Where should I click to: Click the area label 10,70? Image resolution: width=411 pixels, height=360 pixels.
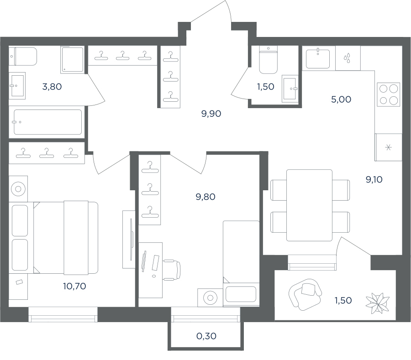74,286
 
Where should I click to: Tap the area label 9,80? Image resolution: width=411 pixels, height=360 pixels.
205,197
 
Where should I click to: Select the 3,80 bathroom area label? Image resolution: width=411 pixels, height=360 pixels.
52,86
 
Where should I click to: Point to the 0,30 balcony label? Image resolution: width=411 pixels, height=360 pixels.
206,336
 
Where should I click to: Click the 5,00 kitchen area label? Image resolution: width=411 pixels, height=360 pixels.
341,99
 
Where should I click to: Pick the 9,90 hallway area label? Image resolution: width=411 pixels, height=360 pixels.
211,114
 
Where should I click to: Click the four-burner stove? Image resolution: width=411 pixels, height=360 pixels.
389,94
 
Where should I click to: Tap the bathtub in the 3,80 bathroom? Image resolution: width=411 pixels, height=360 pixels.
47,122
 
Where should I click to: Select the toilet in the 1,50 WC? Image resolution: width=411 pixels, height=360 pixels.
268,60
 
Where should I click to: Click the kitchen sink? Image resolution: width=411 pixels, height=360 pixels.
318,58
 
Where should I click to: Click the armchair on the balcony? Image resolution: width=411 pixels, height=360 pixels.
305,294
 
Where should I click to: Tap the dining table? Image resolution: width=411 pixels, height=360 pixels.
309,205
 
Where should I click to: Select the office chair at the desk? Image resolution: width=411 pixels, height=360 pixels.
172,270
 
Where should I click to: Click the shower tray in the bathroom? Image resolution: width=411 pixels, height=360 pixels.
72,60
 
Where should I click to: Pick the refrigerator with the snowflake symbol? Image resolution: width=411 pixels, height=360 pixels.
389,147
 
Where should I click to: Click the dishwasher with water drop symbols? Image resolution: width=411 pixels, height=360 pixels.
348,58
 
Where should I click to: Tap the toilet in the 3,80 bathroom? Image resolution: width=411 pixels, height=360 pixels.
23,56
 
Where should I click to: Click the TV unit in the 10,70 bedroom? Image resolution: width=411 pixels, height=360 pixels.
129,240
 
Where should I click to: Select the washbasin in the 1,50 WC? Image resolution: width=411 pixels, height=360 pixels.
290,89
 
